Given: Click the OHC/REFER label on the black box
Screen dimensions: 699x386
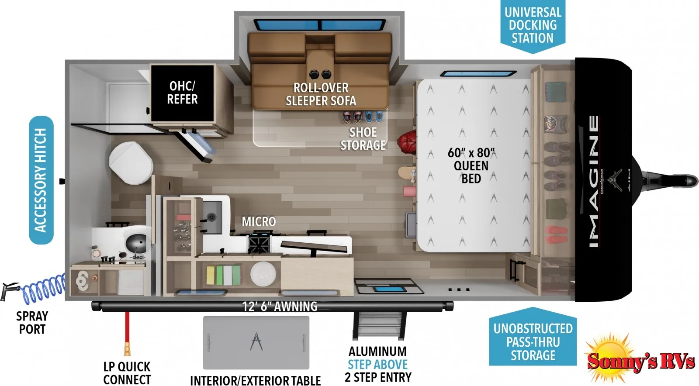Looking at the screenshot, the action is [182, 93].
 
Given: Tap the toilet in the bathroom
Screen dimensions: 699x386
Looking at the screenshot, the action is [131, 162].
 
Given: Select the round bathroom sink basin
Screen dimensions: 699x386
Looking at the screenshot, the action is [136, 244].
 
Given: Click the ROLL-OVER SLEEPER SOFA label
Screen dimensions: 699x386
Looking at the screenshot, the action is [321, 94].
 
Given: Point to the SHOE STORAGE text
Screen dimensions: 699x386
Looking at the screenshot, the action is [363, 139].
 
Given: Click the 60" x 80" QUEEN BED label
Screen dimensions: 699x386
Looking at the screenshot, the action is [471, 165].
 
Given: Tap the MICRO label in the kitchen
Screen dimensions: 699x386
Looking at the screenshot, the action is [259, 222].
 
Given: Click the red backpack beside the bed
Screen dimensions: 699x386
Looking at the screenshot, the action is [407, 142].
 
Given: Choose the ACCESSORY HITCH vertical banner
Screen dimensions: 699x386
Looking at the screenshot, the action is [41, 180].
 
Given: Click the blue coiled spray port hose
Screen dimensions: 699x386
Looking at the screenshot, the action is [44, 288].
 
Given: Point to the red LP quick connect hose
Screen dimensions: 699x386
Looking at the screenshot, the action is [127, 333].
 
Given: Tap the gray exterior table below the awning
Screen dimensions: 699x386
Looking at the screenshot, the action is [256, 343].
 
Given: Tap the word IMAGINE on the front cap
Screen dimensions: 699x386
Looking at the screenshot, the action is [594, 181].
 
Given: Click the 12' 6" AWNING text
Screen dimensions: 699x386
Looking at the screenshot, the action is [280, 307].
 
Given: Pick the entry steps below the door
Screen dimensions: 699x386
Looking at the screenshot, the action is [379, 325].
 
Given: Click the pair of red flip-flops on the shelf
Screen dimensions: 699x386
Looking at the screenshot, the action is [557, 235].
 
